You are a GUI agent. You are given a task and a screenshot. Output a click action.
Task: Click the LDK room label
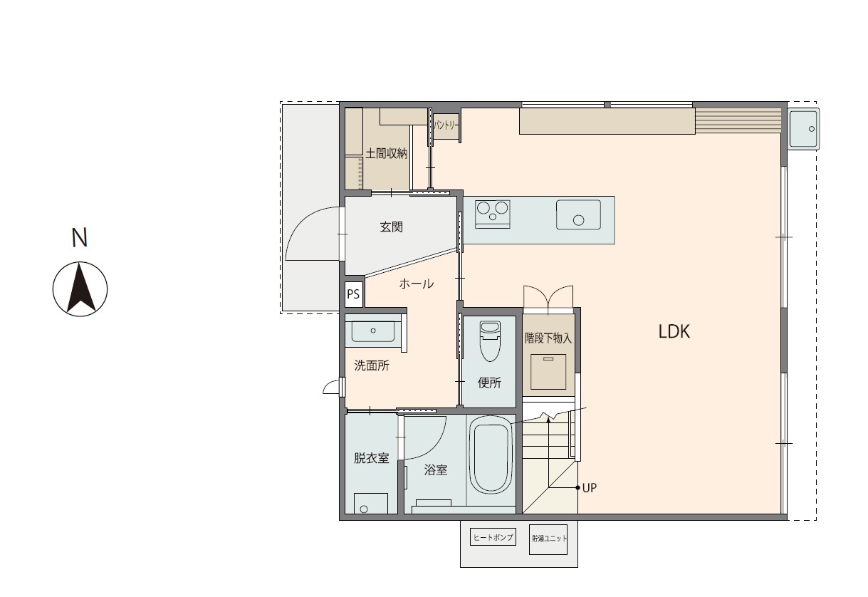tap(674, 332)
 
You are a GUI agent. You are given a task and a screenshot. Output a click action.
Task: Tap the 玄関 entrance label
tap(392, 227)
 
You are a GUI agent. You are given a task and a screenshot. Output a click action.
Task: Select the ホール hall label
tap(417, 284)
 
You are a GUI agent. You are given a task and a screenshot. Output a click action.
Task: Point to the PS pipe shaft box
tap(353, 294)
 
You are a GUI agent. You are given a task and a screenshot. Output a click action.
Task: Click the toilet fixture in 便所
tap(490, 341)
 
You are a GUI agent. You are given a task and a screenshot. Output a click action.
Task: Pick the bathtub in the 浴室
tap(491, 460)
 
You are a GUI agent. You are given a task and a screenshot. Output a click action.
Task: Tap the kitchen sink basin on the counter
tap(578, 214)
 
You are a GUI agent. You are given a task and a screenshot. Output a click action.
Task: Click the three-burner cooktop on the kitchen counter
tap(493, 214)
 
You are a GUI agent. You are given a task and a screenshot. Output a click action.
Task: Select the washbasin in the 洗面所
tap(373, 331)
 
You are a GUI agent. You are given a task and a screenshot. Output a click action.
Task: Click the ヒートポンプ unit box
tap(493, 537)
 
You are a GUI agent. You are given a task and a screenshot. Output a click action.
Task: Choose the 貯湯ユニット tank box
tap(548, 539)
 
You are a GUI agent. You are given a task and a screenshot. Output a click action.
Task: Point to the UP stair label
tap(590, 488)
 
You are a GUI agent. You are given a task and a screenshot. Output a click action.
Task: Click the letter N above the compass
tap(80, 237)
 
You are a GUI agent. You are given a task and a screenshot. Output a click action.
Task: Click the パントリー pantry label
tap(446, 125)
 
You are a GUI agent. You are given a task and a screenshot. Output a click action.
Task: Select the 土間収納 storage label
tap(387, 153)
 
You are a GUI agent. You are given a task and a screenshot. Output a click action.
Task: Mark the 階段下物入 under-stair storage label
tap(548, 338)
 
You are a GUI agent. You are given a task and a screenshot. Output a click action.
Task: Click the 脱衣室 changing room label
tap(372, 458)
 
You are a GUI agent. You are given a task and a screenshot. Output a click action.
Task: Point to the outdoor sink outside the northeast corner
tap(804, 129)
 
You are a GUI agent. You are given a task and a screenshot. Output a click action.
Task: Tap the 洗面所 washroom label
tap(372, 365)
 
